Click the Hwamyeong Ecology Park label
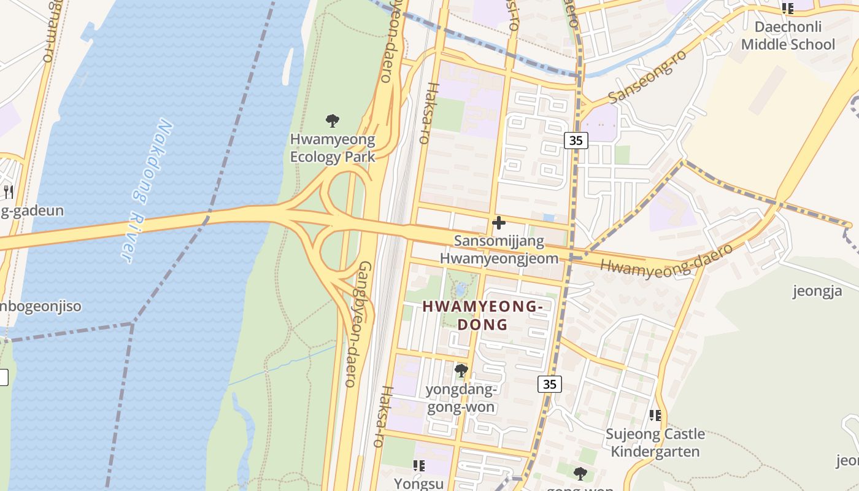332,148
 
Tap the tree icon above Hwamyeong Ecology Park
333,120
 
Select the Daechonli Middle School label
788,36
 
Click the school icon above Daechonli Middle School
788,9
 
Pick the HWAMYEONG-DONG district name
483,315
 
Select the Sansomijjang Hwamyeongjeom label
499,249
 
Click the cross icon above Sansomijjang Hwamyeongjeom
499,222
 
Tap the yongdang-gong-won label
460,398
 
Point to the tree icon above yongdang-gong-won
461,370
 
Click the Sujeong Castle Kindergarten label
655,443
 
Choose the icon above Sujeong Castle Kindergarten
655,416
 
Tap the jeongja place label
817,290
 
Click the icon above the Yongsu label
419,465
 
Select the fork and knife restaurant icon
9,191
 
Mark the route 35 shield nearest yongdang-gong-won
549,384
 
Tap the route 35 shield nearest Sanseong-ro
576,141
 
